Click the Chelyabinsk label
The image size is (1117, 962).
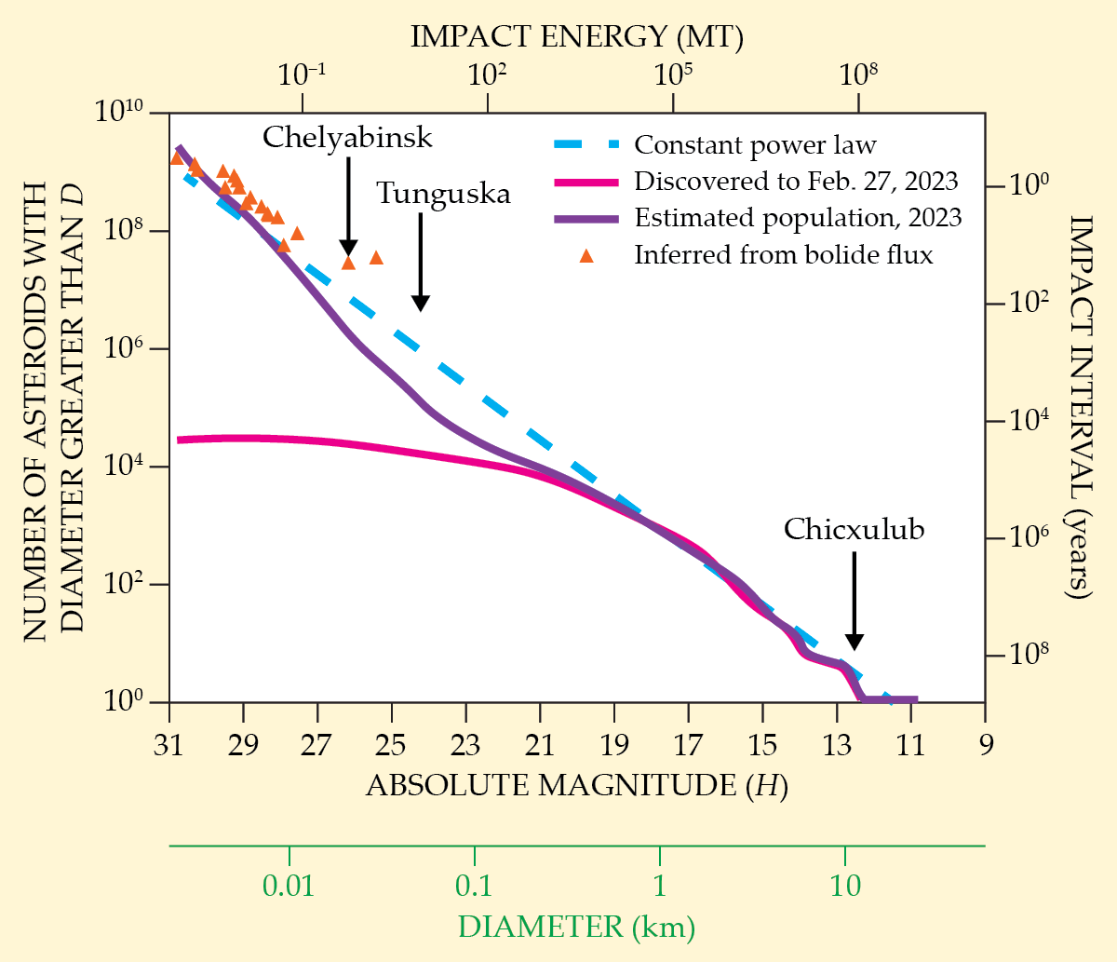347,138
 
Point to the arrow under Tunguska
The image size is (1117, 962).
421,262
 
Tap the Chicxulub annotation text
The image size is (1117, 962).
854,529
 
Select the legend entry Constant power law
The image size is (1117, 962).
755,145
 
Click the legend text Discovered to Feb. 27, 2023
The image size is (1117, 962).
796,181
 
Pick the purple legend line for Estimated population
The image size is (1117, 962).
586,219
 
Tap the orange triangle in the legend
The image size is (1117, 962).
586,255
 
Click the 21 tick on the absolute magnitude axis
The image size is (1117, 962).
539,745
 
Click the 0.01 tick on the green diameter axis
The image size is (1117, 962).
289,885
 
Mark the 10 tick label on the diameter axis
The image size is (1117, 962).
845,885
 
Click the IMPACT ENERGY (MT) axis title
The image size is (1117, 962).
577,37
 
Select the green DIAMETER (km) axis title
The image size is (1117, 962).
577,928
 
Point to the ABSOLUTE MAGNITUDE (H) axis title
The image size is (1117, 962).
577,786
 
